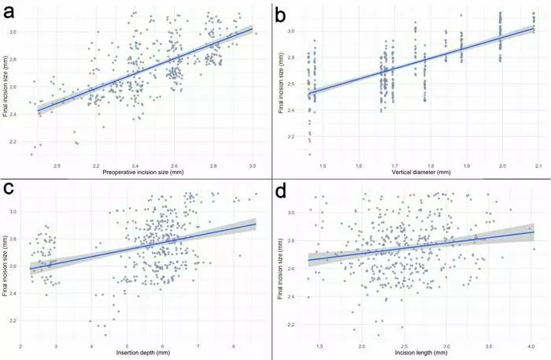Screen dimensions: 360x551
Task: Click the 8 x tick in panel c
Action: [x=234, y=346]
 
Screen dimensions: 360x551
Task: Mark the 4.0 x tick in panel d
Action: [x=531, y=346]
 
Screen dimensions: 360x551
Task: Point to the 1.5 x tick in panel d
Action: [x=318, y=346]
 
